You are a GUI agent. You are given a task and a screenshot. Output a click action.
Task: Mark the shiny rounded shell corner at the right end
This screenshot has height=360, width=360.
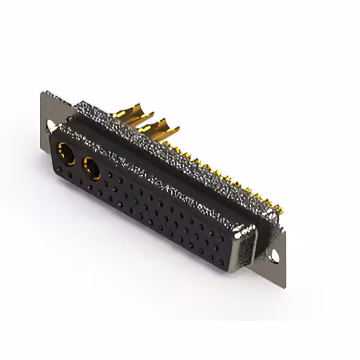(246, 231)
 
